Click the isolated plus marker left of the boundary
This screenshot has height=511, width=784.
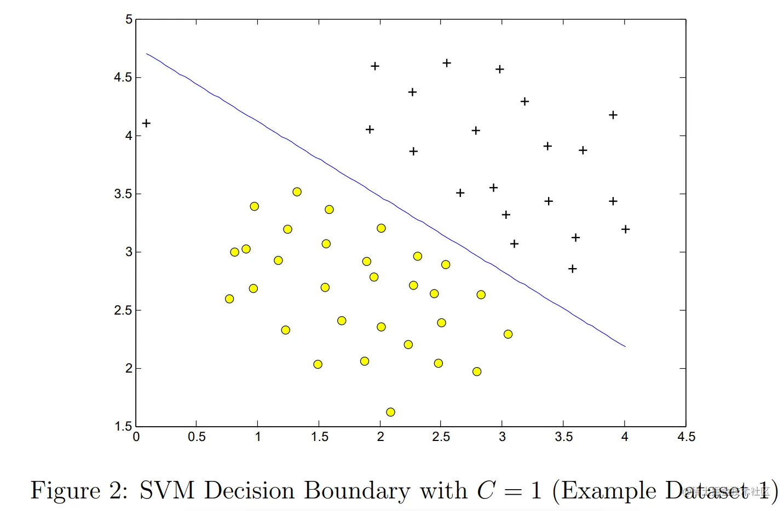pos(146,123)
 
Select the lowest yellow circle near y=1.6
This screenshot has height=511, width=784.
pos(390,412)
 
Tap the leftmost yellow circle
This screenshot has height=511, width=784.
pos(229,299)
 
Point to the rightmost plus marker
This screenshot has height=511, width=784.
pos(626,229)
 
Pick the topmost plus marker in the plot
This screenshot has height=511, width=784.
pos(447,63)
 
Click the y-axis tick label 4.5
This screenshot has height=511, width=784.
pos(123,77)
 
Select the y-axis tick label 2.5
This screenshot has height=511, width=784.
pos(123,310)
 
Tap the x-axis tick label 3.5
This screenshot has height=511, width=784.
pos(563,437)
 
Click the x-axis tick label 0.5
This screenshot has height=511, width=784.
pos(197,437)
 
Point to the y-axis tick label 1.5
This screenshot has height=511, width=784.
pos(123,426)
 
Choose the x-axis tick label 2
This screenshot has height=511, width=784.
pos(381,437)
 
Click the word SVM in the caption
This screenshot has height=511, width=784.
pos(167,490)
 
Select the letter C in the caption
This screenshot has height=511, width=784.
pos(486,490)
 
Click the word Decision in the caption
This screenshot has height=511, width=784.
pos(249,490)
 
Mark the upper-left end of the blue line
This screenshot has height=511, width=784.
pos(147,54)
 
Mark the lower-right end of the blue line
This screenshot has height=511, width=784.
pos(625,346)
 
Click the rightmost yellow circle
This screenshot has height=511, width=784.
pos(508,334)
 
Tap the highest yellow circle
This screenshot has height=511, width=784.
pos(297,191)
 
